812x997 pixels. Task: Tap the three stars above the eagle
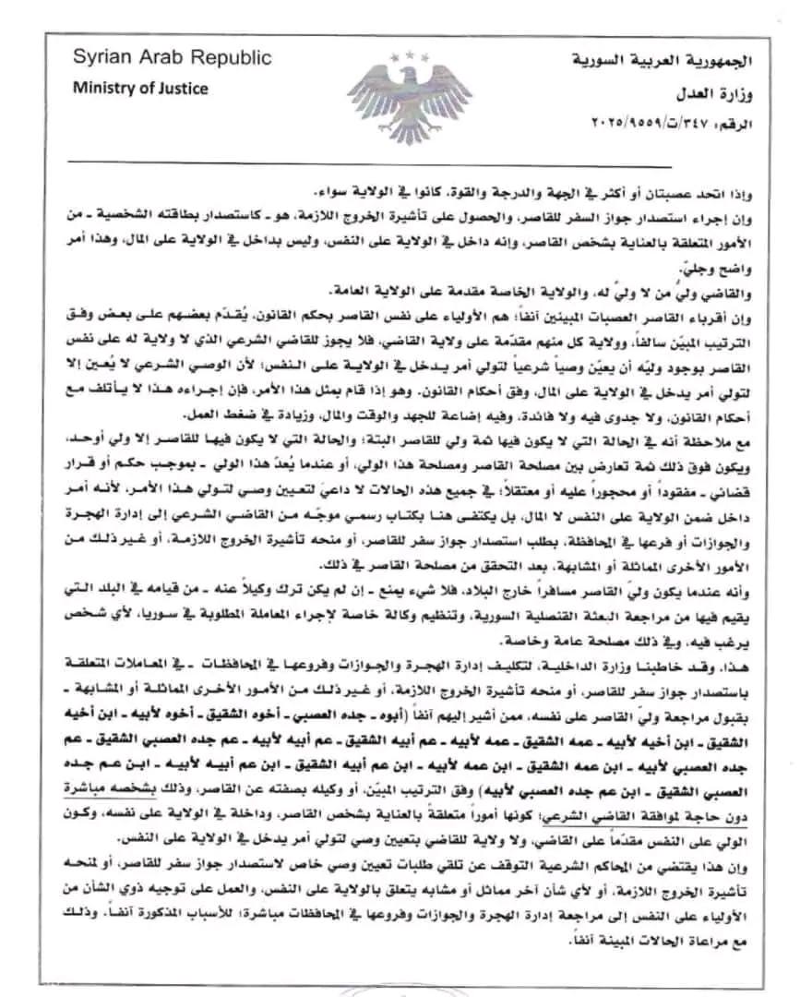coord(407,57)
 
